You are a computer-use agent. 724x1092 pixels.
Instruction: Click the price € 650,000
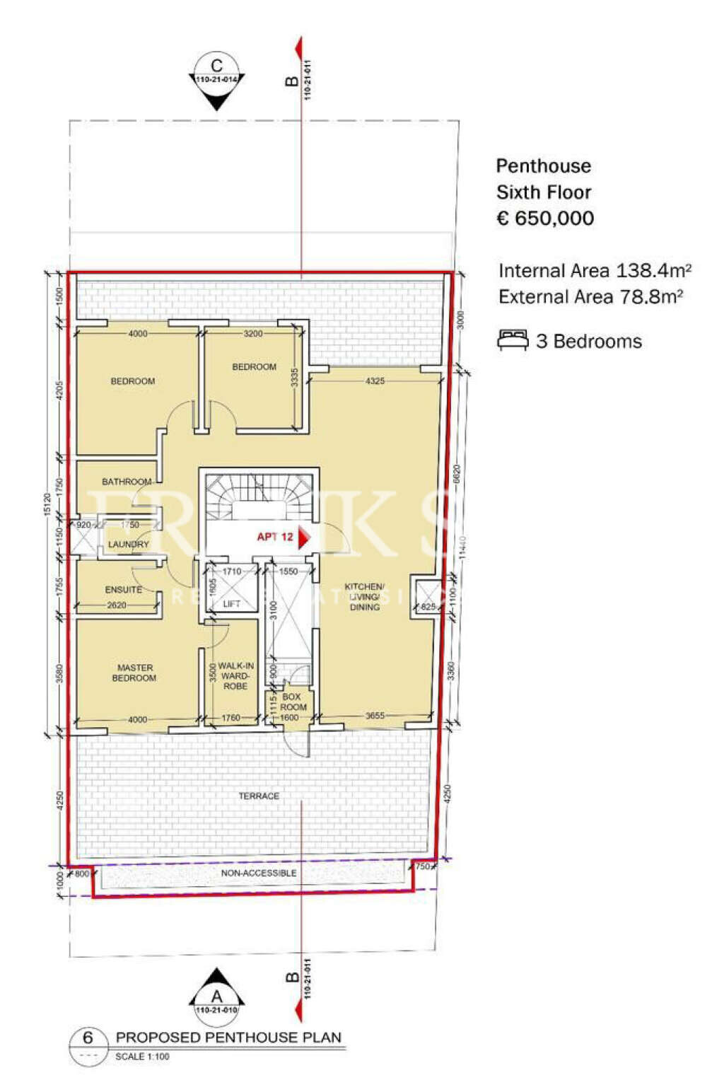pos(545,219)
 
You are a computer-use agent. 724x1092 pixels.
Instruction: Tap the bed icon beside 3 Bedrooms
pos(513,340)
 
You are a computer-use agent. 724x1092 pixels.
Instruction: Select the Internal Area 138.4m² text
pos(595,271)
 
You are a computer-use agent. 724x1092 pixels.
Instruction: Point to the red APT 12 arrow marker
pos(304,538)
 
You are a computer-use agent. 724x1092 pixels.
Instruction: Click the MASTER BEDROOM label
pos(134,673)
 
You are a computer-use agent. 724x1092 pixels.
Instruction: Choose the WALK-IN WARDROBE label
pos(235,676)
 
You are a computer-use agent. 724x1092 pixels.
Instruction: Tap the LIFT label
pos(231,604)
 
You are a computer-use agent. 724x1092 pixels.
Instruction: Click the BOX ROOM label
pos(293,702)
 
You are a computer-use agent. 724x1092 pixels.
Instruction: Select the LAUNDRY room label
pos(129,544)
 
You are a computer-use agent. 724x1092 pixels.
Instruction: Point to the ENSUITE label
pos(124,590)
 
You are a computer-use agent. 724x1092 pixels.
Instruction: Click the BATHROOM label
pos(127,482)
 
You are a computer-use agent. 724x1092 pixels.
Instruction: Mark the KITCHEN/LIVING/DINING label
pos(364,597)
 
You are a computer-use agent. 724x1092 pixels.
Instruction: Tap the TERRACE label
pos(259,796)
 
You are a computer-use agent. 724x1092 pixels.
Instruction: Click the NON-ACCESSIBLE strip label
pos(259,873)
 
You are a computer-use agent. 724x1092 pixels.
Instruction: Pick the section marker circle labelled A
pos(216,997)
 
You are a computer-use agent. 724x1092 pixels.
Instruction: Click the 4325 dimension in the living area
pos(375,381)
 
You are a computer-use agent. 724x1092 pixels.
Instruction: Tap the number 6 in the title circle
pos(88,1038)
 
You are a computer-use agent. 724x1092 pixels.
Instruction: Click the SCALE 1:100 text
pos(142,1057)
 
